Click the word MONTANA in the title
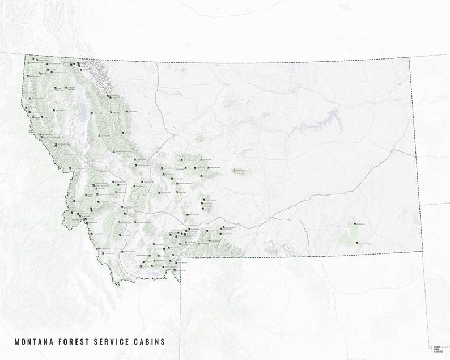click(31, 342)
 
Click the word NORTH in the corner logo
click(437, 346)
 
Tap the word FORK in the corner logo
click(436, 349)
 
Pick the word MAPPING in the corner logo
click(438, 352)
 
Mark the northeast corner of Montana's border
click(409, 58)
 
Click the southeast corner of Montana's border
click(423, 251)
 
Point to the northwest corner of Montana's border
click(25, 55)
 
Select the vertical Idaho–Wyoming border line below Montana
click(181, 317)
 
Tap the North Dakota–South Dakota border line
click(436, 204)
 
